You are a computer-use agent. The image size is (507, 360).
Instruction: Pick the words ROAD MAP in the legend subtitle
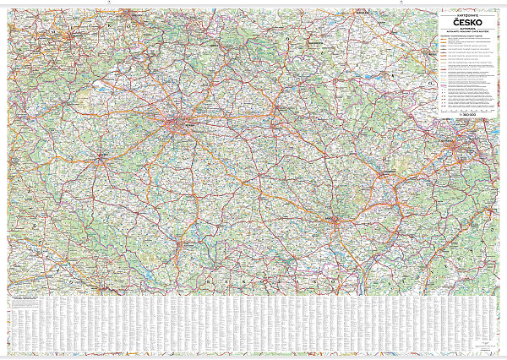(x=470, y=35)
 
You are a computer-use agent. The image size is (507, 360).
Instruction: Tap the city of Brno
(x=337, y=221)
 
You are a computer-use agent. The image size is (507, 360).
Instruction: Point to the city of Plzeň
(x=101, y=157)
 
